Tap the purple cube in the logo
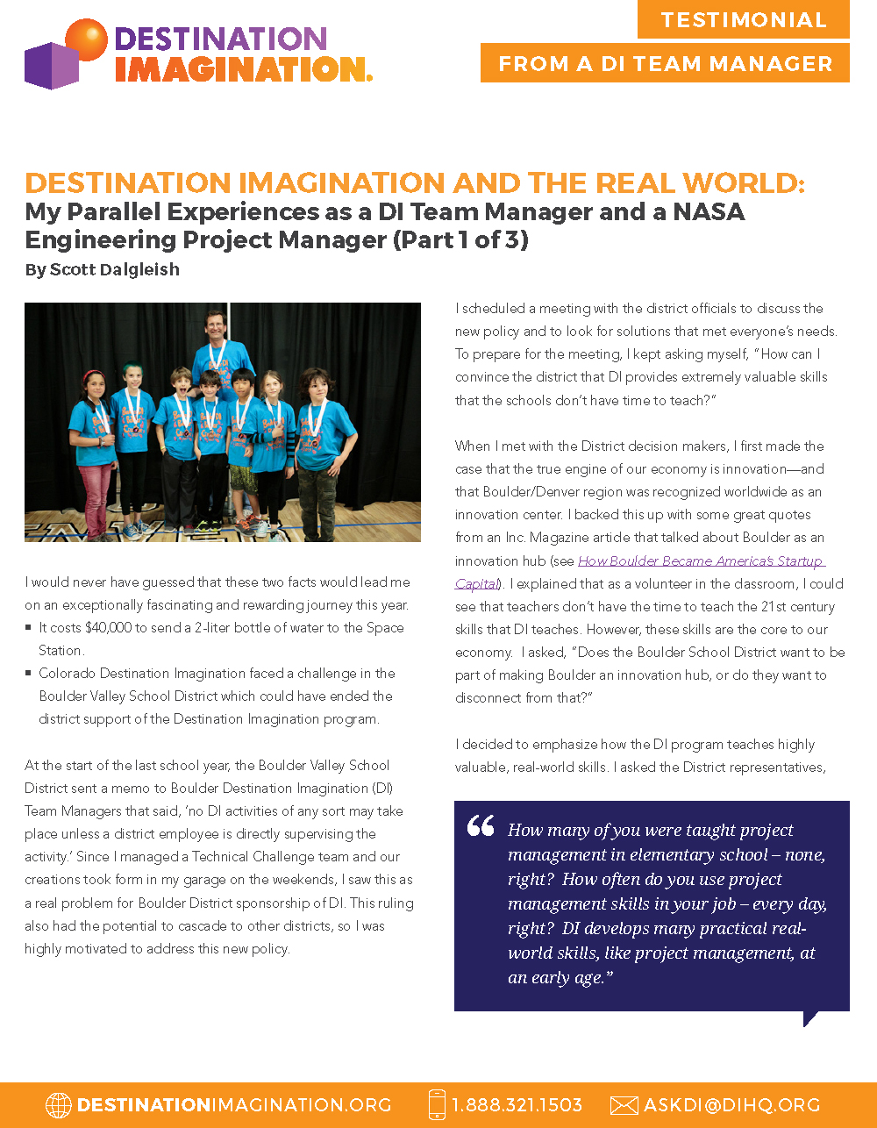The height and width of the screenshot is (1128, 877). coord(51,67)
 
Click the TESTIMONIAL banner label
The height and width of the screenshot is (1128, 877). coord(744,19)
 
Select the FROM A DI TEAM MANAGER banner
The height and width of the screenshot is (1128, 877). coord(665,63)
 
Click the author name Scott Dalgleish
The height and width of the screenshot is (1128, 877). coord(115,269)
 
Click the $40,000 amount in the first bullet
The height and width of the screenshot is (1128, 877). coord(110,628)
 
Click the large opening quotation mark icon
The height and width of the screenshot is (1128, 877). coord(481,826)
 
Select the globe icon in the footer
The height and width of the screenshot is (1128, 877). coord(58,1105)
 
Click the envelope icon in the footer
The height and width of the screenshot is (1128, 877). coord(624,1105)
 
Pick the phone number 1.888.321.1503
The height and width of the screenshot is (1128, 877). coord(517,1105)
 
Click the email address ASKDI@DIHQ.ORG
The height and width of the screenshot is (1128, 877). coord(732,1105)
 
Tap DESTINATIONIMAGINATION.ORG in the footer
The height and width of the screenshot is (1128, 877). coord(234,1105)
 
